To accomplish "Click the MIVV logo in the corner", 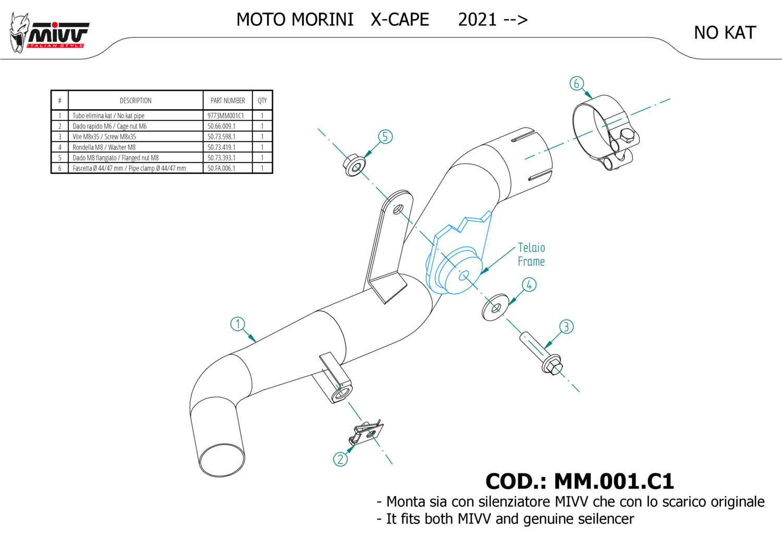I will click(50, 33).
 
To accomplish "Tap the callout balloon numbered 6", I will click(576, 83).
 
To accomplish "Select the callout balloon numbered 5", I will click(385, 137).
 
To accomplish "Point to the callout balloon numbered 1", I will click(238, 324).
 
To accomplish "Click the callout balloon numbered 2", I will click(340, 459).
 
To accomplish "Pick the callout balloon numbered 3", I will click(566, 327).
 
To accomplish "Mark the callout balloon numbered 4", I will click(529, 285).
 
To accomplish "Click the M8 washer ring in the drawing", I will click(495, 308).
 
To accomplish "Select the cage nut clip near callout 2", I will click(368, 433).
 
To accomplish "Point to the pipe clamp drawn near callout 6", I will click(605, 133).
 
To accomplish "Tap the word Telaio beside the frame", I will click(531, 248).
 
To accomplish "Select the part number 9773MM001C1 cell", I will click(226, 116).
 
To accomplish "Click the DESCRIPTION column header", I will click(136, 101).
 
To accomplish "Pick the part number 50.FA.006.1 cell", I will click(222, 168).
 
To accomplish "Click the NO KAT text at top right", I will click(725, 33).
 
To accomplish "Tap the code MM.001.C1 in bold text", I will click(614, 481).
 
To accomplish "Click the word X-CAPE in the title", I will click(400, 20).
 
